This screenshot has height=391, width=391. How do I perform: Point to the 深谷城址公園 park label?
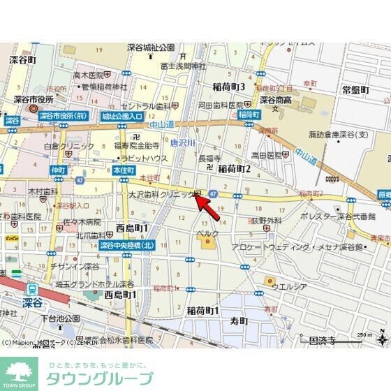pos(150,47)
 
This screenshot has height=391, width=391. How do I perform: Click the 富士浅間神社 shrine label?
pos(183,66)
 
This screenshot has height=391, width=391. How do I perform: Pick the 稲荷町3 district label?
pos(228,87)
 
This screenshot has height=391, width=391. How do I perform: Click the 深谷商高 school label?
pos(274,100)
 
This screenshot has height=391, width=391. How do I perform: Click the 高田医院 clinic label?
pos(266,155)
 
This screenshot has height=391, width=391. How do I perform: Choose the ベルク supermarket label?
pos(209,232)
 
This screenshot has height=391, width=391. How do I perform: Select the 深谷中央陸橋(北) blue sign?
pos(127,245)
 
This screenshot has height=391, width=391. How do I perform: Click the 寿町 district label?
pos(239,321)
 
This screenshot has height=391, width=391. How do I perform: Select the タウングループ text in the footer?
pos(98,379)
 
